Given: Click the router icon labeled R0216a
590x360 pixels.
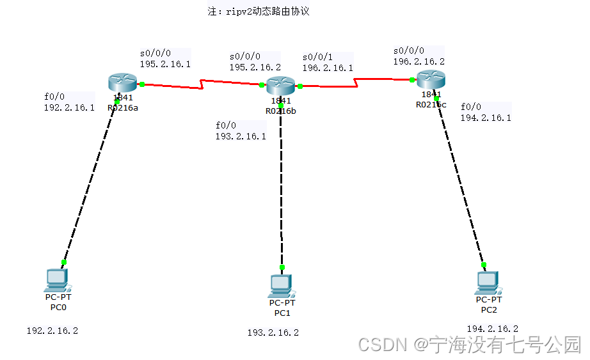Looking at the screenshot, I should [123, 82].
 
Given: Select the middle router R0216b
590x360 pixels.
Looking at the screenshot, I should [280, 85].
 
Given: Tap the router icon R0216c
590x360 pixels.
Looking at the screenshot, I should [431, 80].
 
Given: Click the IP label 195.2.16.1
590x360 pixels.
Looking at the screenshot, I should [165, 64].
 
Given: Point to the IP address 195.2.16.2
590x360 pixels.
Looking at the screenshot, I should [255, 67].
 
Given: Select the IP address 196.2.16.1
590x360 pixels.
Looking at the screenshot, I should [328, 68].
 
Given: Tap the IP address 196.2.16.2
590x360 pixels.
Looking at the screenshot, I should [419, 61].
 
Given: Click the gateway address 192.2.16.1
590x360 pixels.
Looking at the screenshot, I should [69, 107].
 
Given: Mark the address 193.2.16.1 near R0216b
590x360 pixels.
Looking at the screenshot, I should [241, 136].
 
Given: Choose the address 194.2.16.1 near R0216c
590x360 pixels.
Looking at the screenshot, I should [486, 118].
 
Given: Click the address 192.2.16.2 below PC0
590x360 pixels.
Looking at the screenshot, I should [52, 331].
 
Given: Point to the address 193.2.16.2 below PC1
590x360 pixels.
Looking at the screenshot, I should [273, 333].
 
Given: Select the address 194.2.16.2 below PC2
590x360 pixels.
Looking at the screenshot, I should [493, 329].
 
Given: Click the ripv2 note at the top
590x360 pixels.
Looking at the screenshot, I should [259, 12].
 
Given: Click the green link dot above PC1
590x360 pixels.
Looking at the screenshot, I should [282, 267].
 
